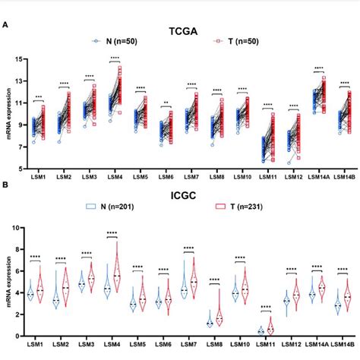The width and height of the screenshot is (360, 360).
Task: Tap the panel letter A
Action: (x=6, y=24)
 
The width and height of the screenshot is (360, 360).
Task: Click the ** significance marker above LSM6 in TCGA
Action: (x=166, y=102)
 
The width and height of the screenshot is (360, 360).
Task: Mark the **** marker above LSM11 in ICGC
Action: (x=267, y=308)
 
